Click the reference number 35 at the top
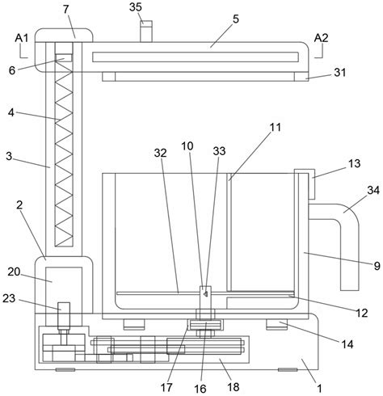[135, 7]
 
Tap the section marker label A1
[22, 38]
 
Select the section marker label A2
[321, 38]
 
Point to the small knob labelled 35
[146, 32]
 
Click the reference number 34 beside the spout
[373, 190]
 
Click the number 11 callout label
[275, 127]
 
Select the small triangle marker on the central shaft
[205, 293]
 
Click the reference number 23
[9, 298]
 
